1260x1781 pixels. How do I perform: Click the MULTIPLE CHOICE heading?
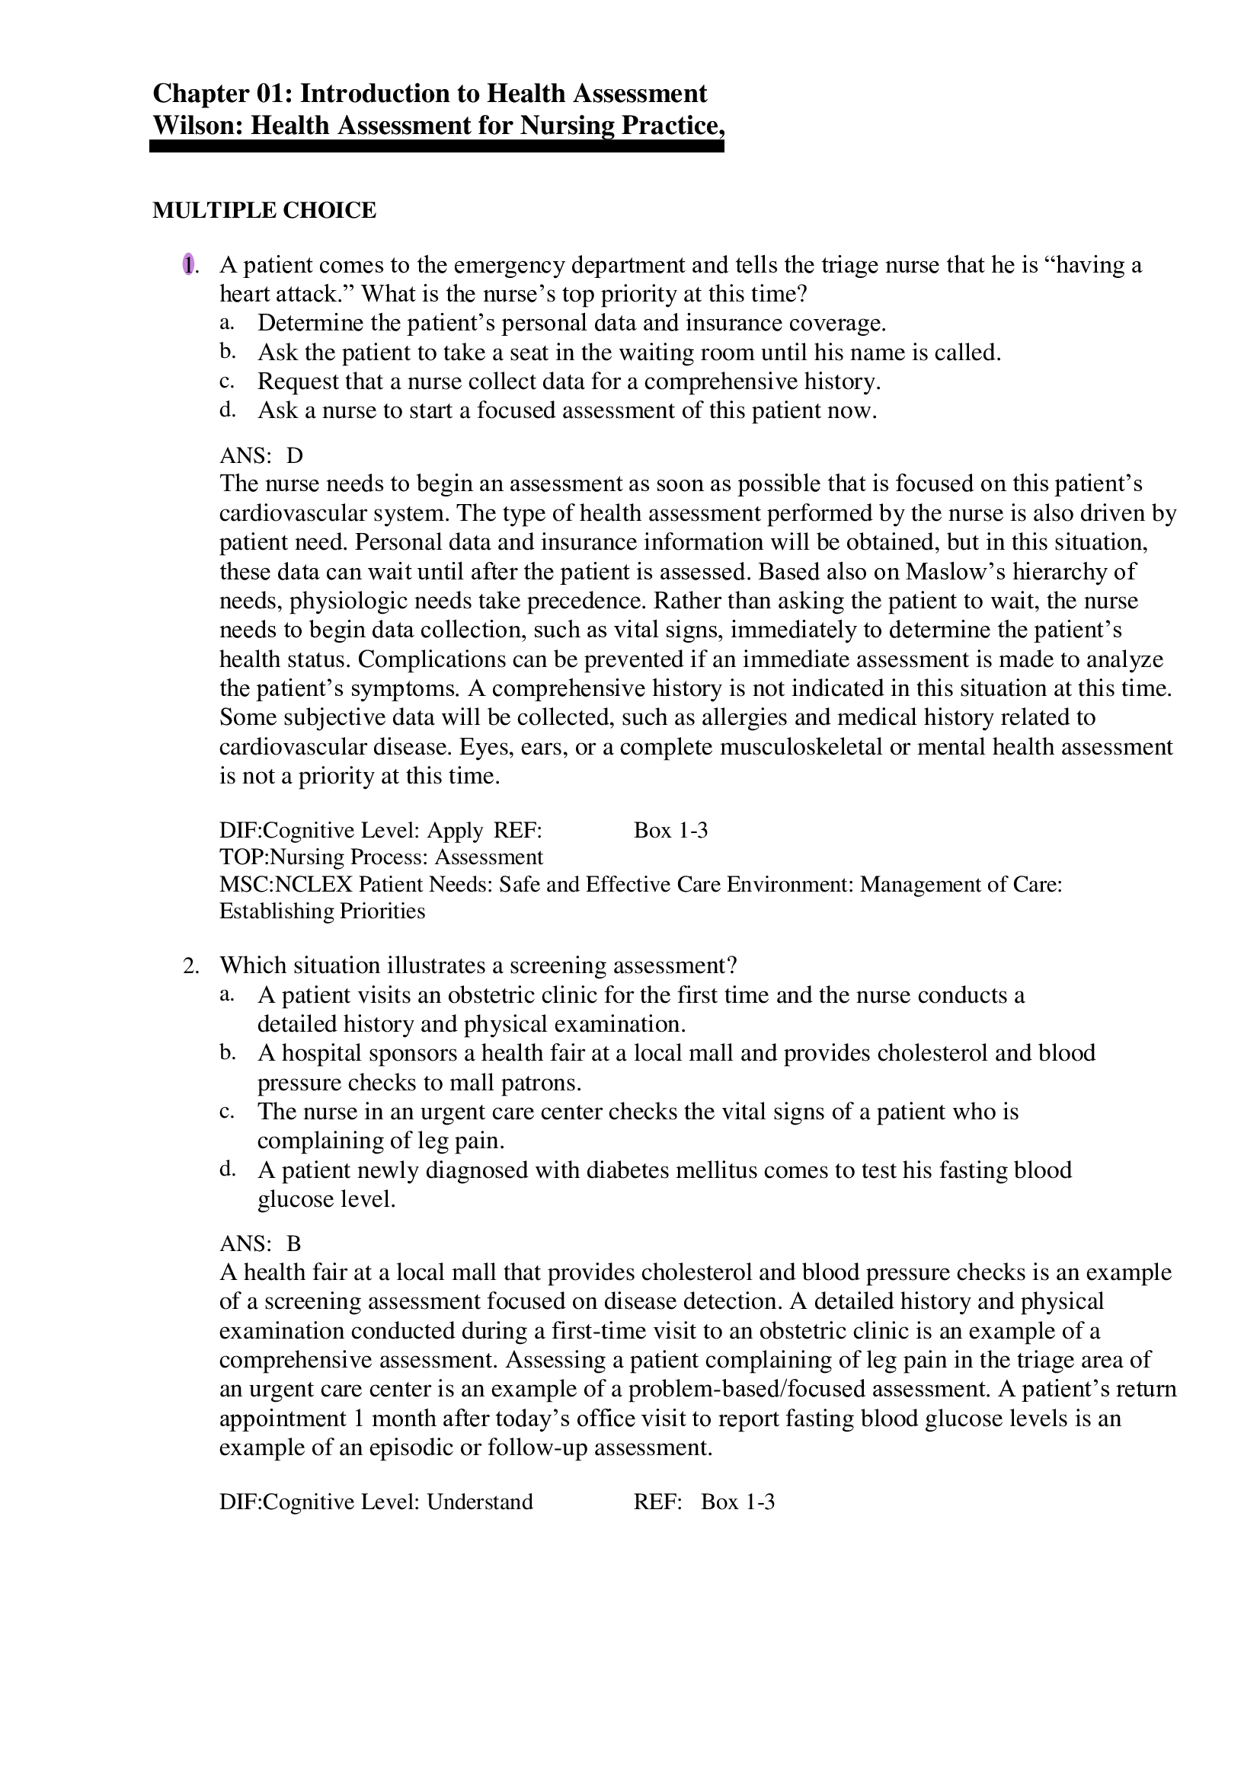[x=264, y=210]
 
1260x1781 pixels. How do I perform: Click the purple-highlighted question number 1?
[x=187, y=265]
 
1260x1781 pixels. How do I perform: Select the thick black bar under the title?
[x=436, y=147]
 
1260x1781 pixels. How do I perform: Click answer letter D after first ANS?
[x=295, y=455]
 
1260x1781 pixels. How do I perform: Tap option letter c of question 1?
[x=225, y=381]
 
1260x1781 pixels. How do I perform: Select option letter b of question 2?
[x=226, y=1053]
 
